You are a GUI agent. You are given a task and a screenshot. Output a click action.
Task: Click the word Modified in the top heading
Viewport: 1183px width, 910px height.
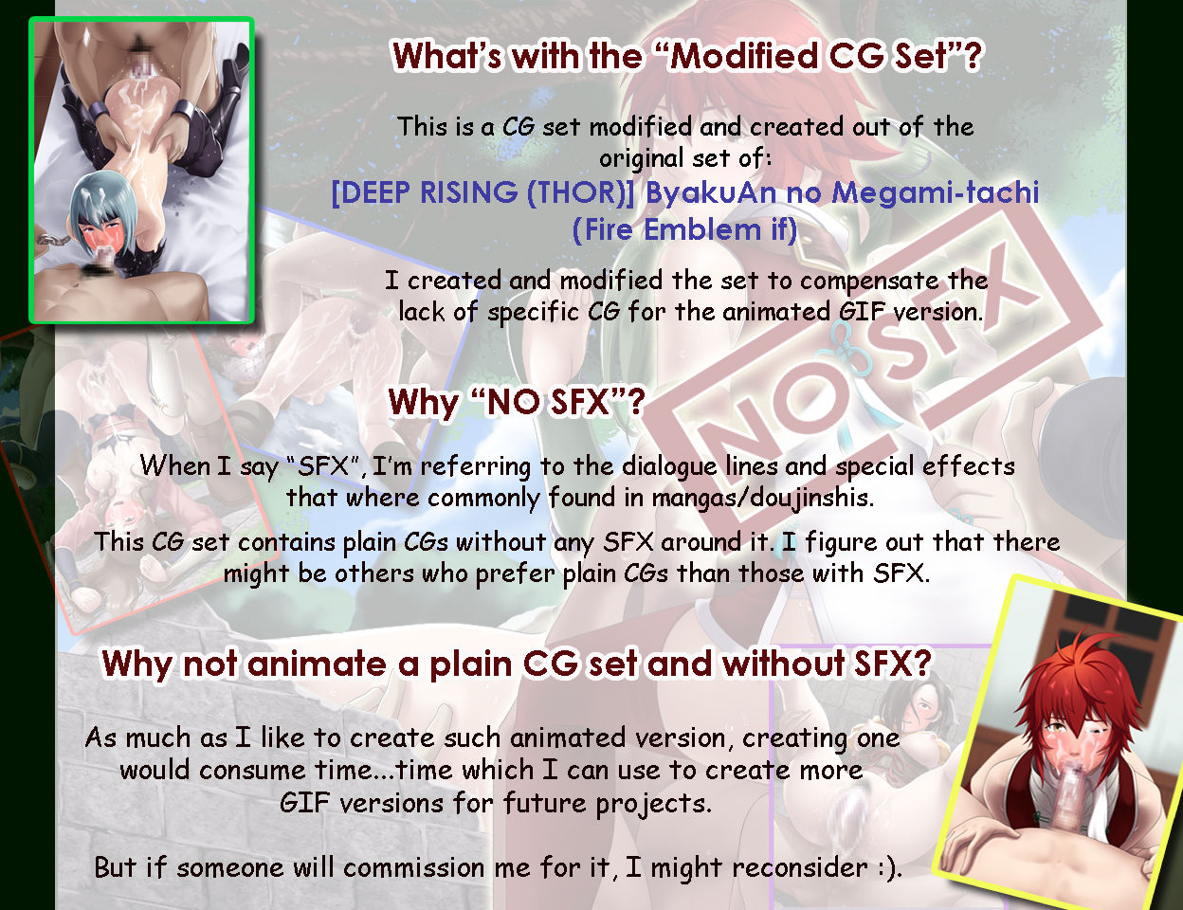(744, 56)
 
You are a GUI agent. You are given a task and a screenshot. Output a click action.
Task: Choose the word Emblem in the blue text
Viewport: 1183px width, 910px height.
(701, 228)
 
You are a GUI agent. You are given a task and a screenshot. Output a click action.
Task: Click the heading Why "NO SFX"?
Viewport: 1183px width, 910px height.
(517, 402)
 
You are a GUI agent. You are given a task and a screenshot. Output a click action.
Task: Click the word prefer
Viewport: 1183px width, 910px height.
(515, 574)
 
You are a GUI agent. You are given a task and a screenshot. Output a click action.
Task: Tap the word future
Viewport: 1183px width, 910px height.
(545, 803)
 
